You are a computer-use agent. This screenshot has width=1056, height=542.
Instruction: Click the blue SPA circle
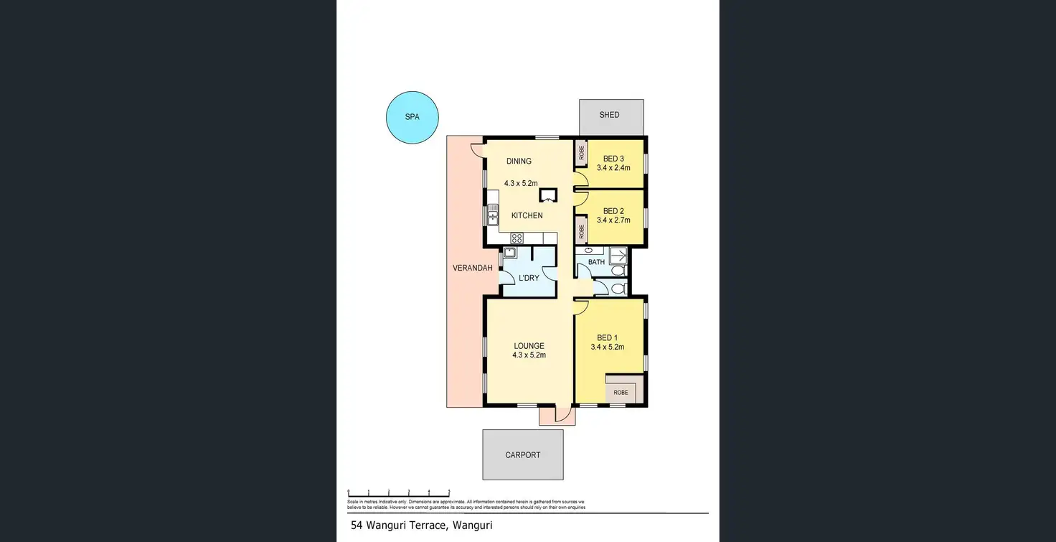tap(412, 116)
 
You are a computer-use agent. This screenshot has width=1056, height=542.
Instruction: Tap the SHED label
tap(609, 115)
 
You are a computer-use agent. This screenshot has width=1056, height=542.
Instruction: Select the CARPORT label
tap(522, 455)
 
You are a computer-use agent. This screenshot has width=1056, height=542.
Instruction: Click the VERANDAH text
tap(472, 268)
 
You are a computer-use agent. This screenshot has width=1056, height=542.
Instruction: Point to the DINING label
tap(519, 162)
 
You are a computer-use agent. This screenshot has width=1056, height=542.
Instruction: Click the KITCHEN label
tap(527, 215)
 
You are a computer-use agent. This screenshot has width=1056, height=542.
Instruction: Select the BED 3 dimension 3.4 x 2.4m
tap(613, 168)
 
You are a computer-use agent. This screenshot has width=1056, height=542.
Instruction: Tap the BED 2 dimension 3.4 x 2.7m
tap(613, 220)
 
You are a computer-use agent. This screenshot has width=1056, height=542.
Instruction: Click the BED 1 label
tap(607, 338)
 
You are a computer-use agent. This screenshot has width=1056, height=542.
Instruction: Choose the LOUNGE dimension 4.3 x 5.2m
tap(529, 355)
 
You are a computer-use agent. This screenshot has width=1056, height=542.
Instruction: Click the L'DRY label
tap(529, 278)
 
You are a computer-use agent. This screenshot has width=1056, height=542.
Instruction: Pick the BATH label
tap(596, 263)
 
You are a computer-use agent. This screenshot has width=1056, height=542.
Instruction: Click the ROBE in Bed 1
tap(621, 393)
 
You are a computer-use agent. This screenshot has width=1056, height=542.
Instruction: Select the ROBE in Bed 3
tap(581, 153)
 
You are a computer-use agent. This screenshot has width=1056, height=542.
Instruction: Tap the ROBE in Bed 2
tap(581, 232)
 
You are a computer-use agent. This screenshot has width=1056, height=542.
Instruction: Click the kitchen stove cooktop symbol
tap(517, 238)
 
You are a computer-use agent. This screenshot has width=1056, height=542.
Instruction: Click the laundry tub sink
tap(510, 253)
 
